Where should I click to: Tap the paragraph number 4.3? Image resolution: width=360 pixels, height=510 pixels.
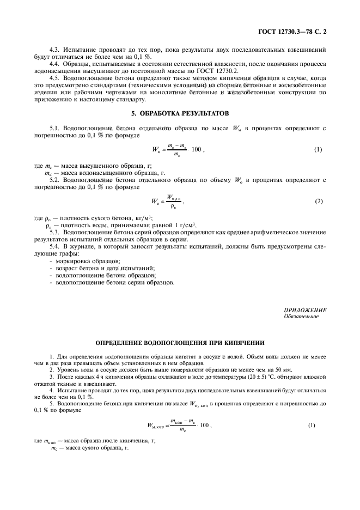[56, 50]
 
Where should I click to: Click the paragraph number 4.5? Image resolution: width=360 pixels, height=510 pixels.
[56, 78]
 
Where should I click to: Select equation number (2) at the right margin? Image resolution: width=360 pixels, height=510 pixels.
[319, 202]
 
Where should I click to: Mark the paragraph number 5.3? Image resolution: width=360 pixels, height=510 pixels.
[56, 232]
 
